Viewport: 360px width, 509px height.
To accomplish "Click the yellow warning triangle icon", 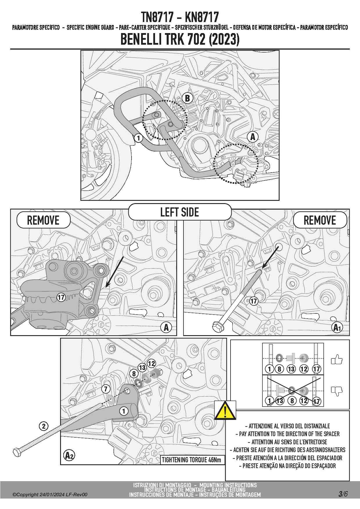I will (225, 411).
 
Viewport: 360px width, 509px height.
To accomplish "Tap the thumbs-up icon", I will (337, 360).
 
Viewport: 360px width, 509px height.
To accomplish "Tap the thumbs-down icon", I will (337, 391).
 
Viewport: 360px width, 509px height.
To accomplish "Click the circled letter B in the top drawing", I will (187, 98).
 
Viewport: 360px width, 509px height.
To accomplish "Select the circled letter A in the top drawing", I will (253, 137).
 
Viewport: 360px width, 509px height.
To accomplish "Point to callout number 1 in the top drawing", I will (138, 138).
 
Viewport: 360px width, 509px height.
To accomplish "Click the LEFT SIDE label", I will (180, 212).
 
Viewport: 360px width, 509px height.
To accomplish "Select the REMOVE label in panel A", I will (43, 220).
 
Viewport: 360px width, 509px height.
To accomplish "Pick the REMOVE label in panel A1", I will (320, 220).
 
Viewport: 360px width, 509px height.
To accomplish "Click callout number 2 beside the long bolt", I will (44, 426).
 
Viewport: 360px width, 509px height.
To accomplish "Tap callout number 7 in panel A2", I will (106, 389).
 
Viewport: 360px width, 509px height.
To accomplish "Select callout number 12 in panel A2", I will (151, 363).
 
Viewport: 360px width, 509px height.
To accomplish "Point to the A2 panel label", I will (69, 455).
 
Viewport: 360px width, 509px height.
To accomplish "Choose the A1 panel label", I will (337, 328).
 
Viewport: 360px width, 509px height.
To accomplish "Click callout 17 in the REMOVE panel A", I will (61, 297).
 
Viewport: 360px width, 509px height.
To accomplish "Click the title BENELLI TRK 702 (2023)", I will (180, 40).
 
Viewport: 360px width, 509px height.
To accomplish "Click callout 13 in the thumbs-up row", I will (291, 369).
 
